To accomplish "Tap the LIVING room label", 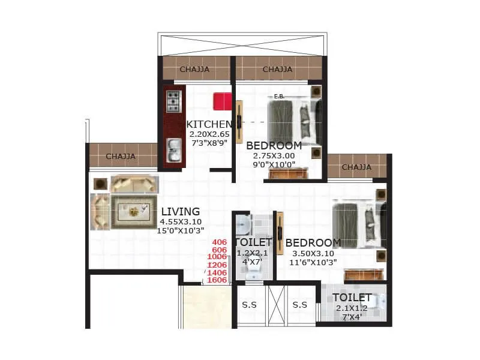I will click(x=181, y=211).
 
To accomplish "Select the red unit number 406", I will click(x=219, y=242).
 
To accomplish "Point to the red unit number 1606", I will click(x=217, y=280).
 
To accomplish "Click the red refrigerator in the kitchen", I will click(x=223, y=101).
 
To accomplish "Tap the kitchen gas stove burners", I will click(x=174, y=101).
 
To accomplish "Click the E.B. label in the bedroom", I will click(x=279, y=97).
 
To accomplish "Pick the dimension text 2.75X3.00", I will click(x=274, y=155).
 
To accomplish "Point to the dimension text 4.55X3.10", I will click(x=181, y=221).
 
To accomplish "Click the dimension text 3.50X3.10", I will click(x=313, y=253).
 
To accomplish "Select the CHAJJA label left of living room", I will click(x=121, y=157).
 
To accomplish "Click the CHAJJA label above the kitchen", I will click(x=194, y=69).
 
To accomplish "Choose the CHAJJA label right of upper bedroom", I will click(x=356, y=167).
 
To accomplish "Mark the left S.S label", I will click(x=250, y=305).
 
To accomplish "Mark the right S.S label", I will click(x=300, y=305).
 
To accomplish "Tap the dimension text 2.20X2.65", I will click(x=209, y=134).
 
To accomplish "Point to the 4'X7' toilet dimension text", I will click(x=253, y=262).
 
